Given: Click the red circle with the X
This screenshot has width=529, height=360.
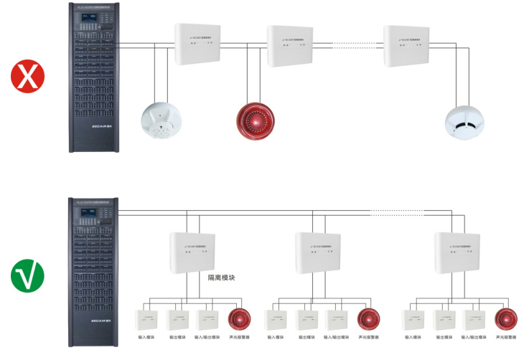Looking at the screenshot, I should point(26,76).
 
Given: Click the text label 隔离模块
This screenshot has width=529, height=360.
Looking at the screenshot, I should point(222,277).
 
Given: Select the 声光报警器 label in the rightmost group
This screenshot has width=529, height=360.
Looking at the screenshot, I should point(505,336).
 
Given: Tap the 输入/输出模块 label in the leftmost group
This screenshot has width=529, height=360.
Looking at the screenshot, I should point(207,336).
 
